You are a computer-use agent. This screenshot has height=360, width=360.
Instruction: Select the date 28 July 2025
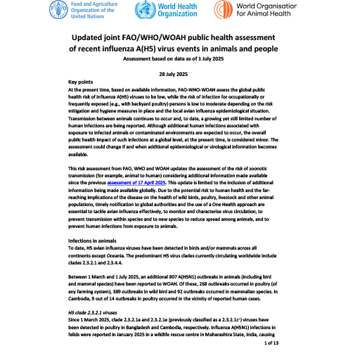(x=180, y=73)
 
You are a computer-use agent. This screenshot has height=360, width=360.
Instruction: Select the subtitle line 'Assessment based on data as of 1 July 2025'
(x=180, y=59)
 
